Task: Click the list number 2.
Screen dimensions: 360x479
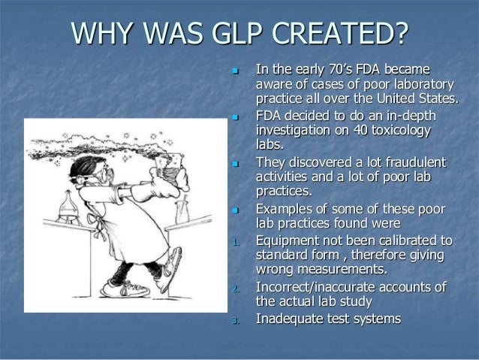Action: click(x=236, y=289)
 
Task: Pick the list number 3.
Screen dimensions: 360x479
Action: click(x=236, y=321)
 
